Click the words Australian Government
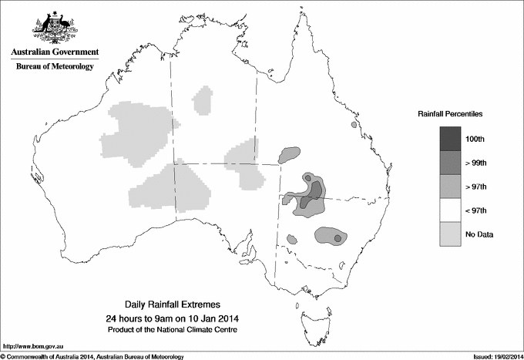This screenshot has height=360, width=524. point(54,52)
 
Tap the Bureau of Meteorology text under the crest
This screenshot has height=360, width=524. point(54,67)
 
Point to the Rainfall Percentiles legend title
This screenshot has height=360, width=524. point(450,113)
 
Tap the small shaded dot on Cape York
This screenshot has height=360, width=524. point(354,124)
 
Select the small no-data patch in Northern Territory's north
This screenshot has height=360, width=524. point(204,100)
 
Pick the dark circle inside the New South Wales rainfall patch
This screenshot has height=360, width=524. point(338,239)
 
